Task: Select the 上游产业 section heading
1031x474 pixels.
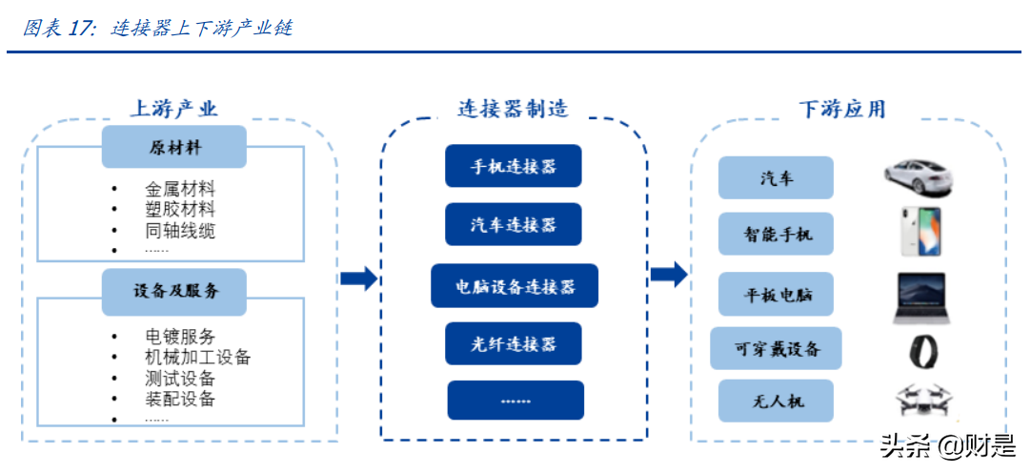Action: [174, 109]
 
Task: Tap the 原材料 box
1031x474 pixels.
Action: [174, 148]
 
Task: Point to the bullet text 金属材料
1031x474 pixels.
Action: [180, 189]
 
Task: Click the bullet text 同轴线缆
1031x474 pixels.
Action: [180, 230]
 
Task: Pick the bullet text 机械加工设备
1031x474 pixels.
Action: [197, 357]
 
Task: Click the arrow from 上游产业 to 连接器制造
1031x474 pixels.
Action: [358, 278]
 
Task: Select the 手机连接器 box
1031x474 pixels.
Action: [514, 167]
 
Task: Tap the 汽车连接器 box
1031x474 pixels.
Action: [514, 225]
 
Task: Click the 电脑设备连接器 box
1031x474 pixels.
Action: [514, 285]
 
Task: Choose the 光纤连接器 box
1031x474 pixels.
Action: [514, 344]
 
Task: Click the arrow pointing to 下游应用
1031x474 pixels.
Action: [668, 275]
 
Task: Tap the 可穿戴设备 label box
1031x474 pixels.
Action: [776, 349]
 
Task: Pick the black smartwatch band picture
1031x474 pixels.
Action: [921, 351]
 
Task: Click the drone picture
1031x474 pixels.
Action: [921, 402]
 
